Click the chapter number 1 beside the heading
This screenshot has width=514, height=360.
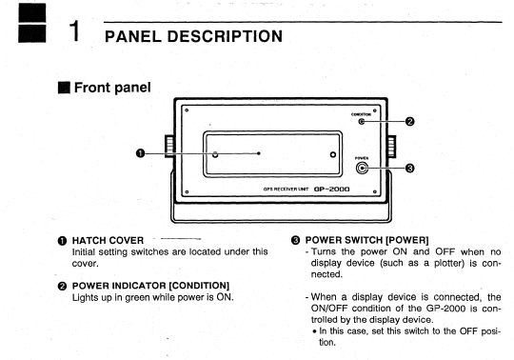coord(75,30)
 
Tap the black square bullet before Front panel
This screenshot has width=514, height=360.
coord(64,88)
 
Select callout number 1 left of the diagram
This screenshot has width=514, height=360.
coord(140,153)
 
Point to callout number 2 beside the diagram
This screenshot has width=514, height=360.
coord(409,122)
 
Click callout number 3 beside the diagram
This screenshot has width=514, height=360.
coord(409,169)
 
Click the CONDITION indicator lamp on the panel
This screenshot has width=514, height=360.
coord(362,122)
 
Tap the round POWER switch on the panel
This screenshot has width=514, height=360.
coord(362,169)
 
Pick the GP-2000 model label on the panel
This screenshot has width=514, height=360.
coord(332,190)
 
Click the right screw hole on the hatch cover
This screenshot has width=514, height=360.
coord(333,154)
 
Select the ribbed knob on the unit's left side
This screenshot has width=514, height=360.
coord(169,146)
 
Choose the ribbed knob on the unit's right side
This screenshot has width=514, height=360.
coord(391,147)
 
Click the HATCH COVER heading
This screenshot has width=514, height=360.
coord(108,241)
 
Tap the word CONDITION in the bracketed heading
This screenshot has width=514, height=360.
coord(200,286)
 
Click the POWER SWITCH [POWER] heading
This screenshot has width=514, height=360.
coord(366,240)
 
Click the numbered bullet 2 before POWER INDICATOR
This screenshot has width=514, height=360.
coord(62,287)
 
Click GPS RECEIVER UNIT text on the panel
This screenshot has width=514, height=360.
coord(286,190)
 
